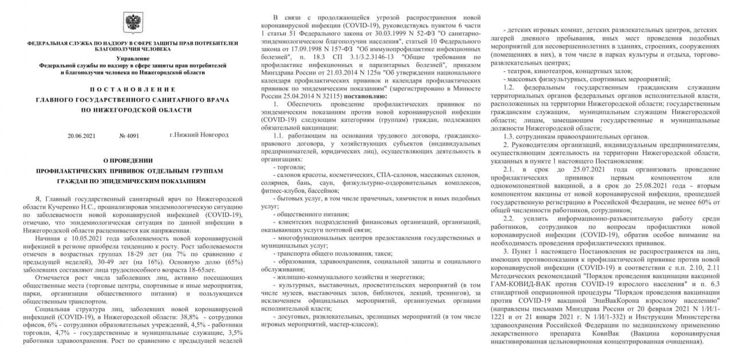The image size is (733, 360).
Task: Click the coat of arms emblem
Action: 133,22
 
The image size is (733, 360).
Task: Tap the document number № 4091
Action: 129,135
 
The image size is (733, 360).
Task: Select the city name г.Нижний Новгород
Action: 199,135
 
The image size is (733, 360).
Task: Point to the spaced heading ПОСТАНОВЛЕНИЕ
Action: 133,90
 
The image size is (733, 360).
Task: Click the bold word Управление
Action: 132,59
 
